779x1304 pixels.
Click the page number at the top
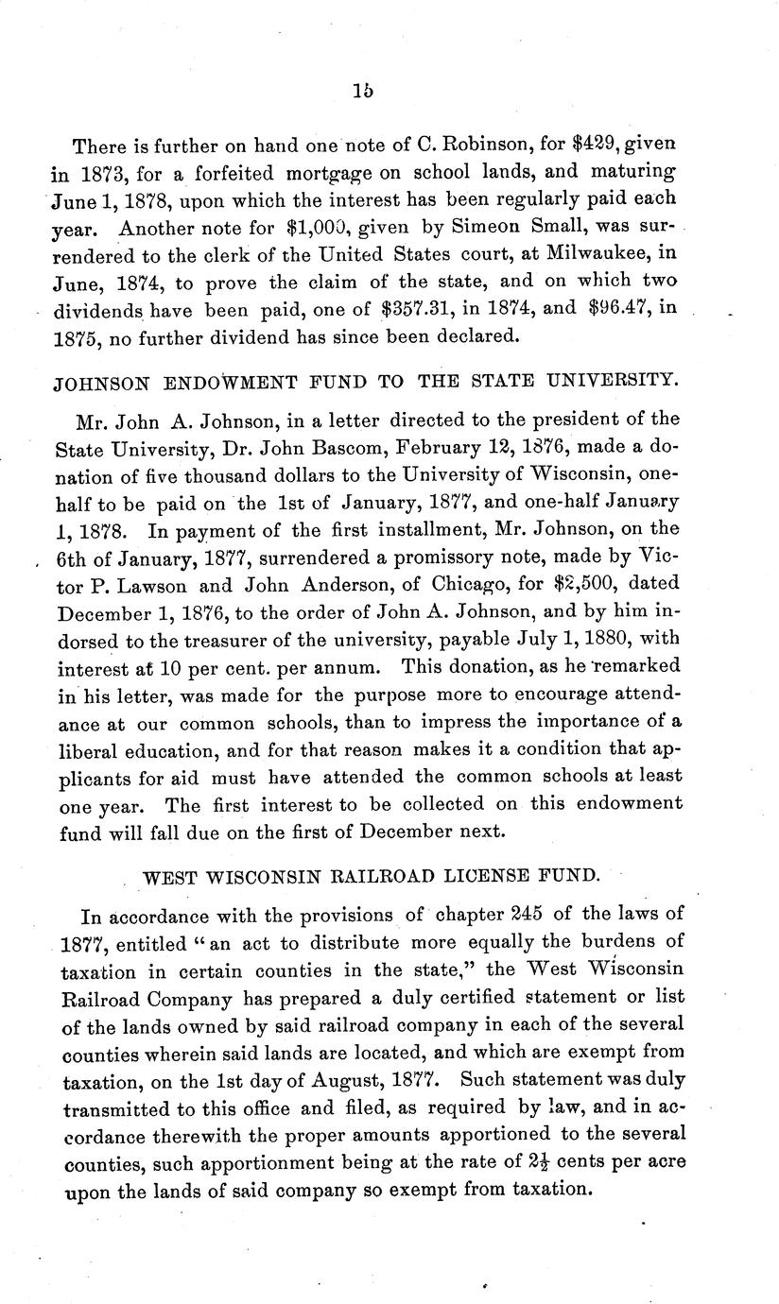coord(361,92)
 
